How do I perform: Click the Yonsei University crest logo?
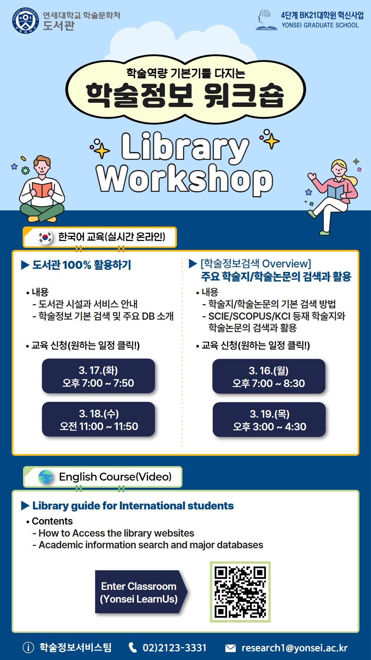pyautogui.click(x=25, y=21)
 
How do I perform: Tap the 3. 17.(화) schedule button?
pyautogui.click(x=98, y=376)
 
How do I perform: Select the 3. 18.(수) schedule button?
pyautogui.click(x=98, y=419)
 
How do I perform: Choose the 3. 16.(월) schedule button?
pyautogui.click(x=269, y=376)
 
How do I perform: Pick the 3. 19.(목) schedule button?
pyautogui.click(x=269, y=420)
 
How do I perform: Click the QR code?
pyautogui.click(x=240, y=592)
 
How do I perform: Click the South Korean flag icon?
pyautogui.click(x=45, y=237)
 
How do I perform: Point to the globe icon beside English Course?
pyautogui.click(x=46, y=477)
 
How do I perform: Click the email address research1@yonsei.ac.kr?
pyautogui.click(x=295, y=648)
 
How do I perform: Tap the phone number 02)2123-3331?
pyautogui.click(x=175, y=648)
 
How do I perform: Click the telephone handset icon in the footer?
pyautogui.click(x=133, y=648)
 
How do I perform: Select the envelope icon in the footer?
pyautogui.click(x=231, y=648)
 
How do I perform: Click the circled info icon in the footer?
pyautogui.click(x=28, y=648)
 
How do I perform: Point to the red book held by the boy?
pyautogui.click(x=42, y=190)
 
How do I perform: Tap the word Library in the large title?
pyautogui.click(x=185, y=147)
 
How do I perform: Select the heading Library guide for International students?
pyautogui.click(x=133, y=506)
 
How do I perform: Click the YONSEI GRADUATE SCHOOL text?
pyautogui.click(x=320, y=25)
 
